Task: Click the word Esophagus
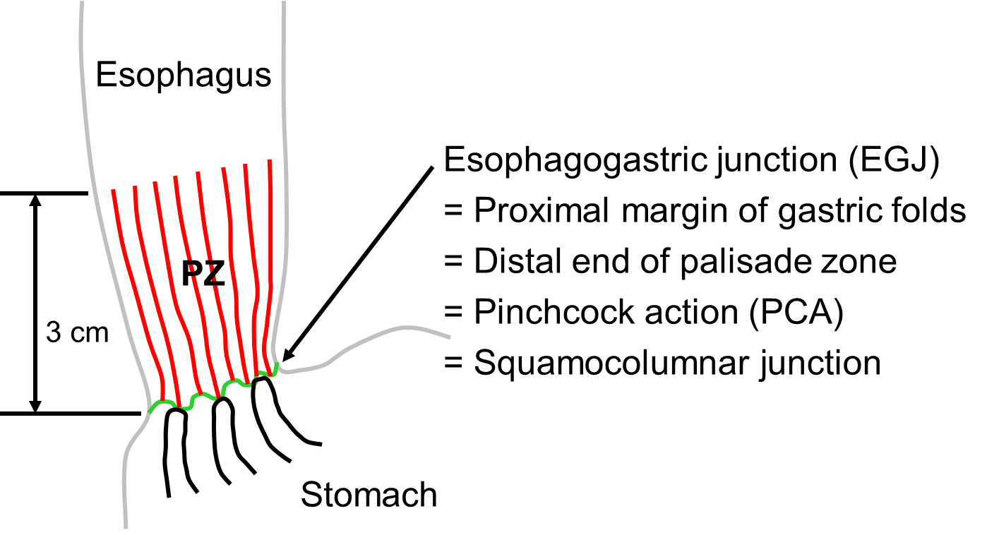pos(184,76)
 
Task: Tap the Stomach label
pos(369,495)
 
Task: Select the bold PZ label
pos(203,273)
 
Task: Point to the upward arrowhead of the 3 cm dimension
pos(35,200)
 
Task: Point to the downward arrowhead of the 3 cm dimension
pos(35,407)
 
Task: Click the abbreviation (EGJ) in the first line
pos(894,160)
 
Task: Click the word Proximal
pos(542,210)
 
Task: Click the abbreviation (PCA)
pos(796,313)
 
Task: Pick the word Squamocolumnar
pos(611,363)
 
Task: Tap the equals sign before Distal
pos(453,262)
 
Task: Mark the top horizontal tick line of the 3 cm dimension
pos(44,193)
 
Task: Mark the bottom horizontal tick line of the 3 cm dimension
pos(71,414)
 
